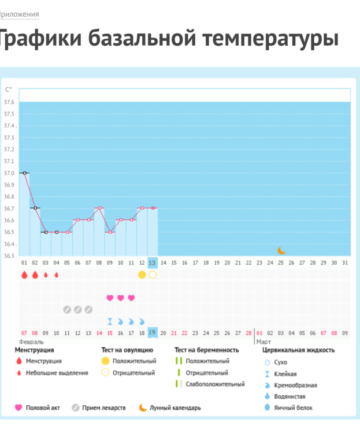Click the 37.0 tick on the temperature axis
[9, 173]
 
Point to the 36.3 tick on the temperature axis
[9, 255]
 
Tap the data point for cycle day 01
[24, 173]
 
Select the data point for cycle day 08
[99, 208]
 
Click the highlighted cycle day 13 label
[153, 263]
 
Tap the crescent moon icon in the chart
[281, 250]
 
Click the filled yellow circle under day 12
[142, 275]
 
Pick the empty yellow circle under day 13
[153, 275]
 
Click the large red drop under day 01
[24, 275]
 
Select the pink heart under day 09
[110, 298]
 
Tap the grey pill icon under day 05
[67, 309]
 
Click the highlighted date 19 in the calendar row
[153, 332]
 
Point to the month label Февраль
[31, 342]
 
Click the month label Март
[263, 342]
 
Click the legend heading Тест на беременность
[206, 350]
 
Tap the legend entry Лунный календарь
[175, 407]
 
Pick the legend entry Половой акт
[43, 407]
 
